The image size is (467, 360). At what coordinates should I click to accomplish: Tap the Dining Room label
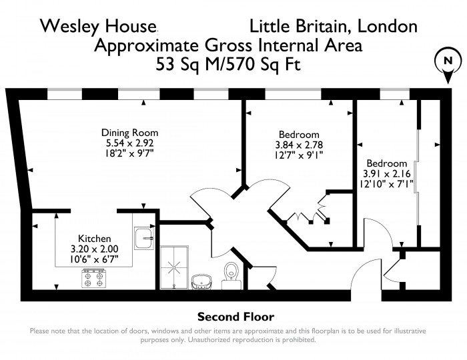click(x=129, y=133)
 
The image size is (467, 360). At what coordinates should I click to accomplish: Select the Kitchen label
click(x=95, y=239)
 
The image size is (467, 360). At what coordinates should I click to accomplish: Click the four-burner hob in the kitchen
click(x=94, y=279)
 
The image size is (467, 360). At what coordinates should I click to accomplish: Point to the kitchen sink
click(x=144, y=238)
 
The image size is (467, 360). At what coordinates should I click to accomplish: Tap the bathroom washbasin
click(x=201, y=282)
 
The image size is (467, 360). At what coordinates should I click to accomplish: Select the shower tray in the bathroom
click(x=174, y=267)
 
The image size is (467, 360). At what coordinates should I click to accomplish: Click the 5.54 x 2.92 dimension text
click(x=130, y=143)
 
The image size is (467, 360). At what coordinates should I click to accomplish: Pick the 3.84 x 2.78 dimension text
click(x=299, y=145)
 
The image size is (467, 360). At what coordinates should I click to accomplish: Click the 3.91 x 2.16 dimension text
click(x=386, y=173)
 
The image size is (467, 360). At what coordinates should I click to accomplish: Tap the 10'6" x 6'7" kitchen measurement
click(x=94, y=259)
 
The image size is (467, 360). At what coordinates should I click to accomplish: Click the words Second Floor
click(x=236, y=317)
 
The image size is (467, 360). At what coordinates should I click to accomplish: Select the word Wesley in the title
click(x=69, y=26)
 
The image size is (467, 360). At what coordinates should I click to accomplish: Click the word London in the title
click(x=387, y=26)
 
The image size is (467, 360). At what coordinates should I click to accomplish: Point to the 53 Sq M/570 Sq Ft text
click(x=228, y=64)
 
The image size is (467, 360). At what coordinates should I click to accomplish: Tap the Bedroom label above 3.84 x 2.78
click(x=299, y=135)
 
